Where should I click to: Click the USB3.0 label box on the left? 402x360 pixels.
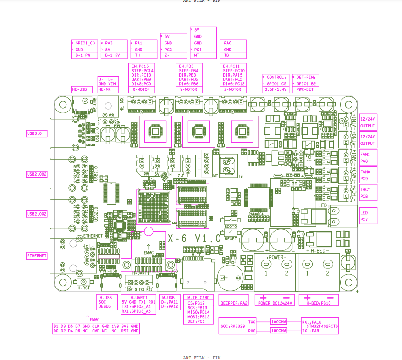point(37,134)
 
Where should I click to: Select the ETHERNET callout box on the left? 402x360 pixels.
point(37,256)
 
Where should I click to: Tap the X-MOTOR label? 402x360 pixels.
point(141,90)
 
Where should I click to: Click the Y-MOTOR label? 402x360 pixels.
point(188,90)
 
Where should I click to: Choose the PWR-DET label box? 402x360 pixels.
point(307,90)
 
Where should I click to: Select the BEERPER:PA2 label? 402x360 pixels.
point(234,303)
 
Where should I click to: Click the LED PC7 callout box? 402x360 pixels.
point(368,216)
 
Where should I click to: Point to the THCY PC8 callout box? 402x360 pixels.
point(368,193)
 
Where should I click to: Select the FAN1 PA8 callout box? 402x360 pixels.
point(368,158)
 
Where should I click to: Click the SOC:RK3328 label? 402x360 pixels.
point(231,327)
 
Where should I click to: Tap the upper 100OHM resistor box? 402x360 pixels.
point(279,322)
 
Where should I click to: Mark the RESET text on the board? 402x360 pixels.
point(231,238)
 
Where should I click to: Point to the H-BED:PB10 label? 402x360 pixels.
point(319,303)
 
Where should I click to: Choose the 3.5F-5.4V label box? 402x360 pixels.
point(275,90)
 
